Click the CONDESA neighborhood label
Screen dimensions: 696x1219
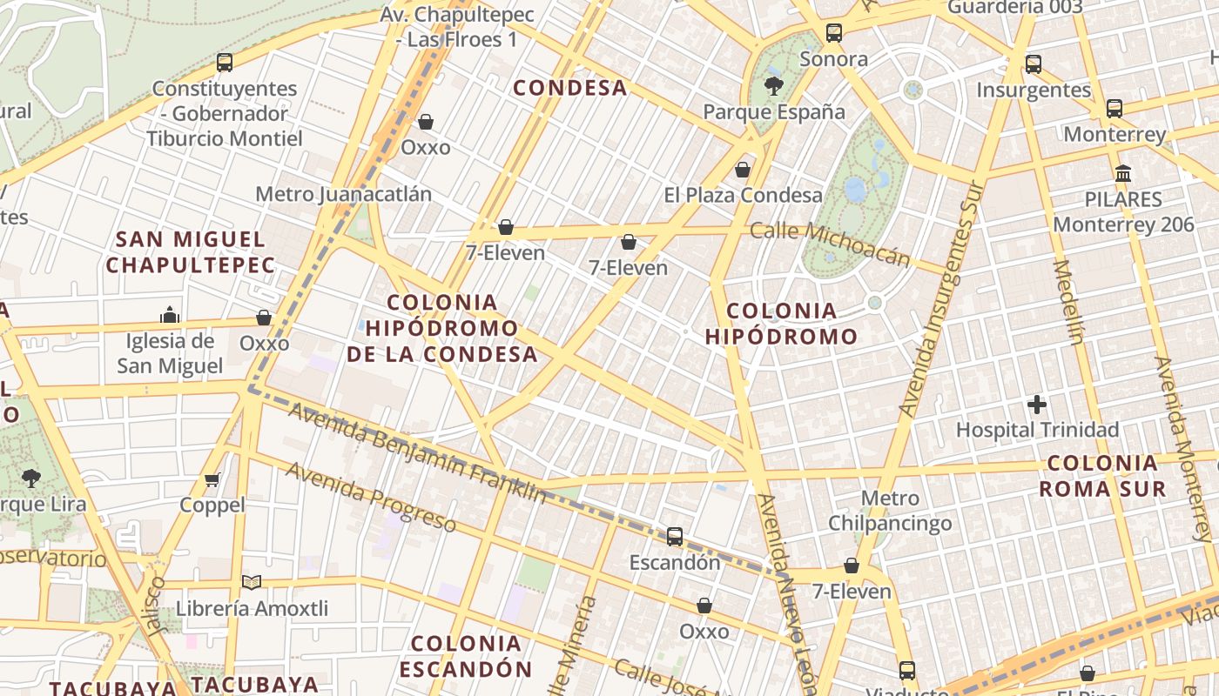click(570, 88)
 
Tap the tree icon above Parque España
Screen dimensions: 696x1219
click(773, 85)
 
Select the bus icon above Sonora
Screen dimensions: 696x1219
click(834, 33)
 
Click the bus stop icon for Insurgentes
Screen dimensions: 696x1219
click(1034, 64)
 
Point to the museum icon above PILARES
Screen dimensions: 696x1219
click(1123, 173)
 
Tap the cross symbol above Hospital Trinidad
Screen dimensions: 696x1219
click(1037, 405)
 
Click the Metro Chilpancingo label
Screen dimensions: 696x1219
click(890, 511)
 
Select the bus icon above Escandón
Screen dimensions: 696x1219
click(675, 537)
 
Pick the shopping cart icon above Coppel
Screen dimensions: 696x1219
click(212, 479)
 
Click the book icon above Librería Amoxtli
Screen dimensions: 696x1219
click(252, 582)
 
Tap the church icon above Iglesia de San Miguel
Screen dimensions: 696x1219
click(170, 314)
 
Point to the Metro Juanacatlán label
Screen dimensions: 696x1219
click(343, 194)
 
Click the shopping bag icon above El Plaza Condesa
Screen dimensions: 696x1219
click(743, 170)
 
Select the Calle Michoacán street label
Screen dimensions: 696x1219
click(830, 244)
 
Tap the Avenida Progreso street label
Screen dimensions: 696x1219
click(371, 497)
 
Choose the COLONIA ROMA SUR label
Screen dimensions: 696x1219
click(1102, 475)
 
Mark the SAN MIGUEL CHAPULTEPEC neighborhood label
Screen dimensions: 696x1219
click(191, 252)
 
